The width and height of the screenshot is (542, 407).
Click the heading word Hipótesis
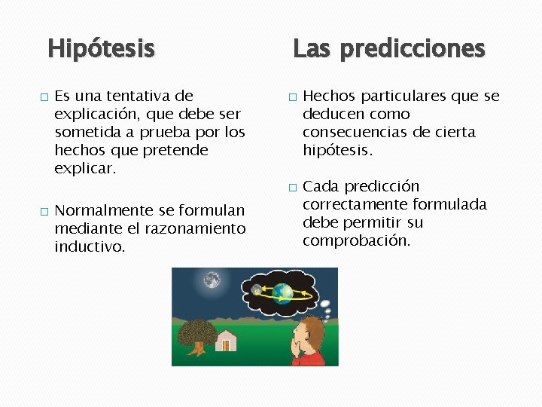[x=101, y=50]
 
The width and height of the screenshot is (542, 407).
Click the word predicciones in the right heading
[x=412, y=50]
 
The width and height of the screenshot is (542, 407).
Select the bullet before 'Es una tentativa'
[x=44, y=97]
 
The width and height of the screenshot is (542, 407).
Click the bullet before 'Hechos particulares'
[x=293, y=97]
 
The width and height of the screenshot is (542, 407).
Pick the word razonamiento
[x=194, y=228]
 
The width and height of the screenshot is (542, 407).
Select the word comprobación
[x=356, y=240]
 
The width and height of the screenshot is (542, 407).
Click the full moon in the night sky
[x=212, y=280]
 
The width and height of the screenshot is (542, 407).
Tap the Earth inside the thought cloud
[x=283, y=292]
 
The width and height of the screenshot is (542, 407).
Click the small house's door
[x=224, y=345]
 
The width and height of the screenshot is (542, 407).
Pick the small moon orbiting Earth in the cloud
[x=257, y=289]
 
